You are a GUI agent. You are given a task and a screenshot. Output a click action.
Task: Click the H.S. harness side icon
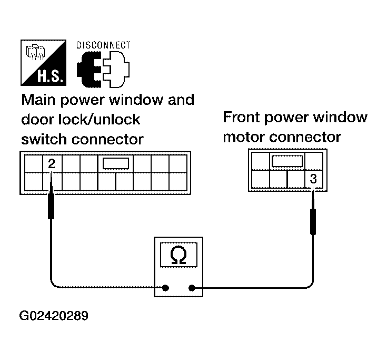(43, 63)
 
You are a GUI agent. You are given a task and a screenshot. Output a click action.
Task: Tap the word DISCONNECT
(103, 45)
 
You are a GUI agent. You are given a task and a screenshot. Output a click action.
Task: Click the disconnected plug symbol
(103, 70)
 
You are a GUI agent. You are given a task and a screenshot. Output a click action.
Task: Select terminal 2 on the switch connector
(52, 163)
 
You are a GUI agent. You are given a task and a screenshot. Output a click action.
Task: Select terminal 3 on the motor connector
(313, 179)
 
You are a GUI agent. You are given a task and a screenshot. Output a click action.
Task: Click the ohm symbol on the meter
(178, 255)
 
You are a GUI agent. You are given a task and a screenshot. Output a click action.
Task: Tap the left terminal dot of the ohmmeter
(165, 288)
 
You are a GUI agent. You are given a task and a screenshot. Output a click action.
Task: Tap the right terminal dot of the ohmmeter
(192, 288)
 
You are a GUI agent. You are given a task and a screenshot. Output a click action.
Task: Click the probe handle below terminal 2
(52, 206)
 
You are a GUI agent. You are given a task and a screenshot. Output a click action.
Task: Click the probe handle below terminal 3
(313, 221)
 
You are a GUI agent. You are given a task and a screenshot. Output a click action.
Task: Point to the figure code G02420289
(54, 316)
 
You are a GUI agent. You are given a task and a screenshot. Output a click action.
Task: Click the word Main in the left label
(38, 100)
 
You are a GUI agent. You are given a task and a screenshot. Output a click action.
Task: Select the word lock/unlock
(99, 120)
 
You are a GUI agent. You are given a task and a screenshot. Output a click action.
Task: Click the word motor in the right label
(244, 138)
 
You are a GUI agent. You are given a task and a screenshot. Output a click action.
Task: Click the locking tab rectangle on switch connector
(116, 163)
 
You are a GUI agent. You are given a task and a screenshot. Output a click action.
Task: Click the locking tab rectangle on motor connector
(287, 161)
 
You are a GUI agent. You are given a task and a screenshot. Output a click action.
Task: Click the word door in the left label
(37, 120)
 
